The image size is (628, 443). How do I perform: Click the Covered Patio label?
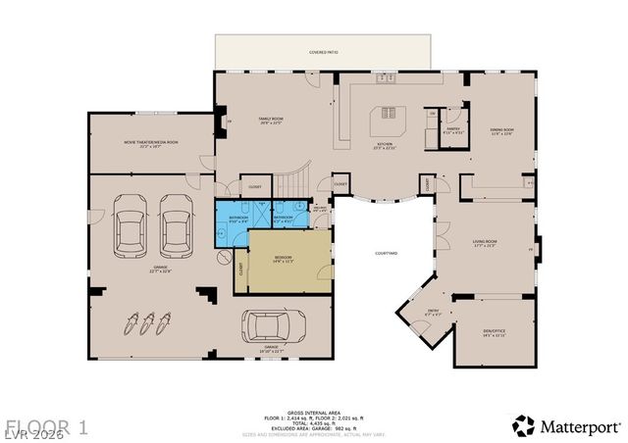323,52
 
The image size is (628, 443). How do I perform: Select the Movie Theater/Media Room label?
151,142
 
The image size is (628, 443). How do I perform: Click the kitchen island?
387,123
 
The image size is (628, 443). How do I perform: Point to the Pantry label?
453,128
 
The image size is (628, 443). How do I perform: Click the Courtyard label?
386,253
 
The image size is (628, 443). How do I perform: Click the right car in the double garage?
176,223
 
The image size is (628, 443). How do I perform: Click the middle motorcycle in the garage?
150,322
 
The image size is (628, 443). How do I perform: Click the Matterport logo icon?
524,425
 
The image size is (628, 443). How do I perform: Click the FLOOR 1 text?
47,426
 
